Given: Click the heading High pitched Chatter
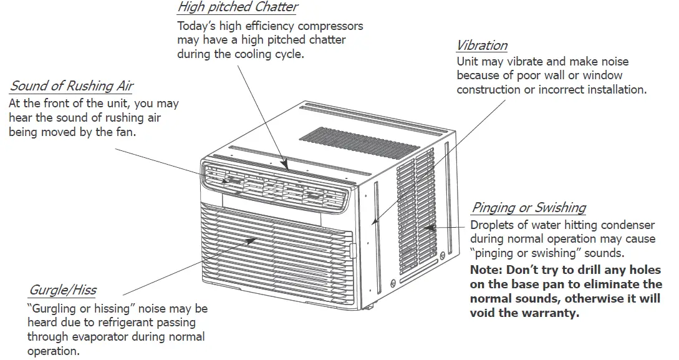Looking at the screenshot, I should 238,7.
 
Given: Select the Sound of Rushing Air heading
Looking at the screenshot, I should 72,86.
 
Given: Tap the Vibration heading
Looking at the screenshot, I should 481,46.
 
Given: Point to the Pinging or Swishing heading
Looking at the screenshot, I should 528,208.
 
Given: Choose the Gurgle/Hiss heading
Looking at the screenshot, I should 62,290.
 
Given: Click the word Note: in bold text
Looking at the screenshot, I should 488,271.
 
